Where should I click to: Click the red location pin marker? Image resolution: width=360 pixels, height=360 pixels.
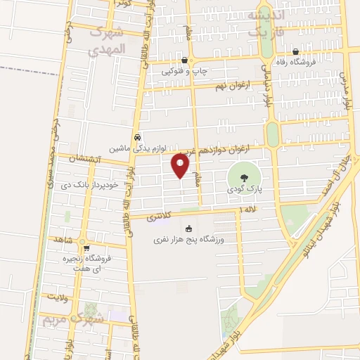tap(181, 166)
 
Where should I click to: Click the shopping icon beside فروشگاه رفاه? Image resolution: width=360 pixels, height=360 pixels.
tap(295, 51)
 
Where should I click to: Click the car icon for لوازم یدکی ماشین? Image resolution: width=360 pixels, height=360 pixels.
tap(138, 137)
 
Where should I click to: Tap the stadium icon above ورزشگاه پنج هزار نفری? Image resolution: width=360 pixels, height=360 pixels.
tap(188, 228)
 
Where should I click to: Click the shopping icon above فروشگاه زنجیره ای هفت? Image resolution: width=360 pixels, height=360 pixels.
tap(86, 247)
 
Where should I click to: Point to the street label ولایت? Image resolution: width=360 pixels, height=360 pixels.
tap(57, 297)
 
